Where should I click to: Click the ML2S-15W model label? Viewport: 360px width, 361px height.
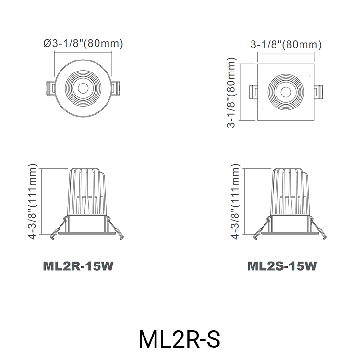(282, 266)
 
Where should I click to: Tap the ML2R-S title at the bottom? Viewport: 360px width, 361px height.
(180, 338)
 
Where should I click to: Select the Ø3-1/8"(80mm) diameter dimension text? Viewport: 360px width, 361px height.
(83, 44)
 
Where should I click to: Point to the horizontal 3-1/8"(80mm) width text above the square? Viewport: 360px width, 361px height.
(286, 45)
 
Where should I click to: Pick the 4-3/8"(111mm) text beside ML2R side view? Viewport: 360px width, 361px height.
(33, 202)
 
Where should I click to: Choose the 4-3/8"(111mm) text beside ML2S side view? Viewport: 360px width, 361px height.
(235, 202)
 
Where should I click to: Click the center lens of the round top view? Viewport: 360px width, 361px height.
(83, 88)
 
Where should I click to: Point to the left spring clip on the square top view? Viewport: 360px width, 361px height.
(253, 91)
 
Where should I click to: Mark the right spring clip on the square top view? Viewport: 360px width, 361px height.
(318, 91)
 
